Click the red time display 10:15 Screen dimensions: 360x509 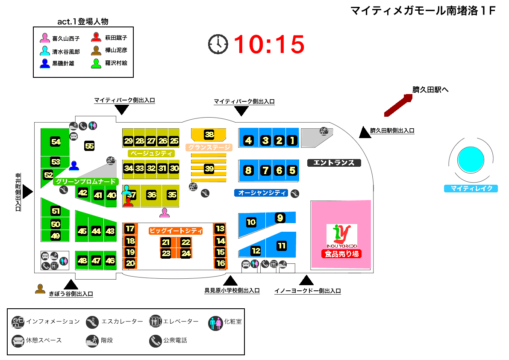(269, 44)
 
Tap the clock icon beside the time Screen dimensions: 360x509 (218, 44)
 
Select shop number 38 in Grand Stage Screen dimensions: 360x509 (209, 134)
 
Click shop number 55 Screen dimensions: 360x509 (89, 146)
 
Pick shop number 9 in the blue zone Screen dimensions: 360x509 (280, 218)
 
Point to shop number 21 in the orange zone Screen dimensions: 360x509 (166, 242)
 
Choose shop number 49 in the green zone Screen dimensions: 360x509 (56, 236)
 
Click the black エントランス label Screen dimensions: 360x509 (334, 162)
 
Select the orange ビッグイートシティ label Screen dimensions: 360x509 (176, 231)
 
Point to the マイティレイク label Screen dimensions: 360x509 (471, 188)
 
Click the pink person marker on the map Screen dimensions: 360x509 (164, 212)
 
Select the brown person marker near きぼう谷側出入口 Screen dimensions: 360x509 (40, 289)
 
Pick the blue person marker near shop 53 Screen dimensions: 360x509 (74, 165)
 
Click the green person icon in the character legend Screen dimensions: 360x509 (97, 63)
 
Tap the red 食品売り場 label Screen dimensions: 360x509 (341, 254)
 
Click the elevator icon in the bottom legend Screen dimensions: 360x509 (155, 322)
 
